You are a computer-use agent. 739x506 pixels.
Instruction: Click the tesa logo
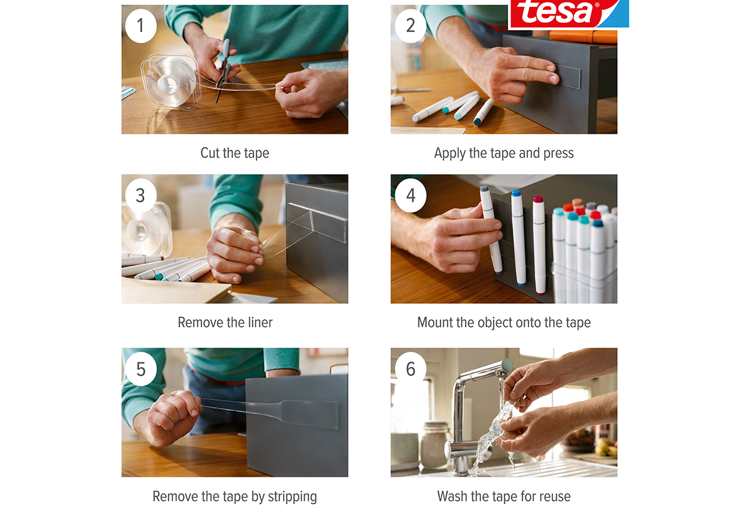[568, 14]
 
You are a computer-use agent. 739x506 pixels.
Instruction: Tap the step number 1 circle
[141, 26]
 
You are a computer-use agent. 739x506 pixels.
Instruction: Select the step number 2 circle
[410, 26]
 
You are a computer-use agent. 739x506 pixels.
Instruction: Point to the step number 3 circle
[141, 195]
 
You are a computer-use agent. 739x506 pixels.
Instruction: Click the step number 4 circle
[410, 195]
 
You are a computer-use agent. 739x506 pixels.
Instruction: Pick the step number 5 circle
[141, 369]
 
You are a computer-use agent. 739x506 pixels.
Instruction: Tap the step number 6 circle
[410, 369]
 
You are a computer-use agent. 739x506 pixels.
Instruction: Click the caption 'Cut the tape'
[235, 153]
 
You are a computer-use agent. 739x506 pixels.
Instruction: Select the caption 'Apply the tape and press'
[504, 153]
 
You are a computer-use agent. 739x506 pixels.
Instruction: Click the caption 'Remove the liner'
[225, 322]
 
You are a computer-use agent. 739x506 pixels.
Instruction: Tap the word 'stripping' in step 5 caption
[293, 497]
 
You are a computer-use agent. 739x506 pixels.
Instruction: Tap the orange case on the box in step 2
[583, 37]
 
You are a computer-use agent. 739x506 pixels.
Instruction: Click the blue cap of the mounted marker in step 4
[516, 193]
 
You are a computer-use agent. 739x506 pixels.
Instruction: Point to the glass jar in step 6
[435, 445]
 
